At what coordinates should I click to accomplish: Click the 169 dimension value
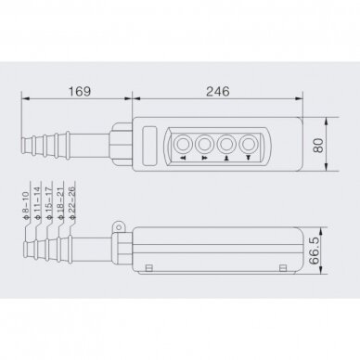80,92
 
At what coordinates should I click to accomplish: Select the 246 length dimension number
218,92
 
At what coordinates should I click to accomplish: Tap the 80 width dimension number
318,145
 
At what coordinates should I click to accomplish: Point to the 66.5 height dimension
315,251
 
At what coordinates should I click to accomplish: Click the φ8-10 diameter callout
25,206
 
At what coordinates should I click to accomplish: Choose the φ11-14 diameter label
37,203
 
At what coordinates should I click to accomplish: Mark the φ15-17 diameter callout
48,203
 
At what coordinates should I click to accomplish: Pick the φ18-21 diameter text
60,203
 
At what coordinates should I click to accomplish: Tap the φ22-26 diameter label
71,203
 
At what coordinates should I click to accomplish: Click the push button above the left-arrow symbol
183,144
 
